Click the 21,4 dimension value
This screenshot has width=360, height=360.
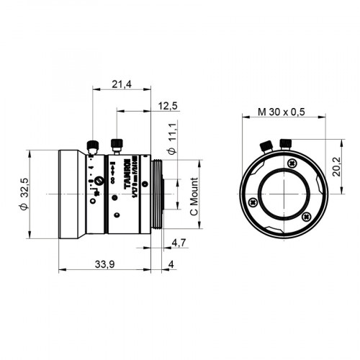point(121,85)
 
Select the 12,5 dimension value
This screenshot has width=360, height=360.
point(167,106)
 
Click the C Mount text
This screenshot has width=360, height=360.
point(193,199)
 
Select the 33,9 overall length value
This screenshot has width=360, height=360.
point(105,265)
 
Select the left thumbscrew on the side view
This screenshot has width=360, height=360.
point(92,146)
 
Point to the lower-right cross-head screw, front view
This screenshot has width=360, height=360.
point(307,215)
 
